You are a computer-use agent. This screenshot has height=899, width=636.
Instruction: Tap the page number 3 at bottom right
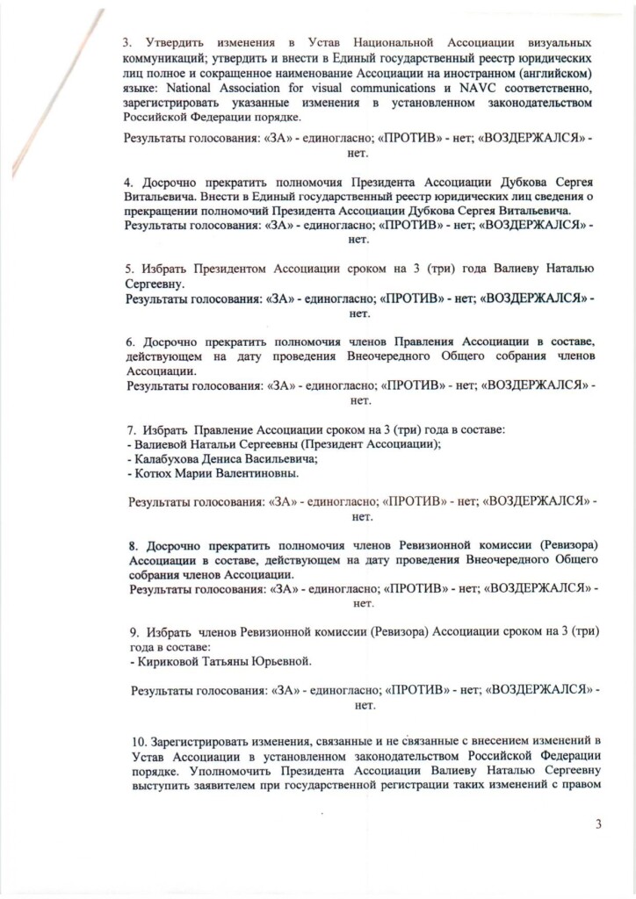coord(599,823)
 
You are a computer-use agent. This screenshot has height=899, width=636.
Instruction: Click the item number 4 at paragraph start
coord(127,183)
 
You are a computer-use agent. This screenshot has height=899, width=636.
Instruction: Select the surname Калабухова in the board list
coord(163,458)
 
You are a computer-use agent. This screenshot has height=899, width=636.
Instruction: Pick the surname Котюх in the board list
coord(150,473)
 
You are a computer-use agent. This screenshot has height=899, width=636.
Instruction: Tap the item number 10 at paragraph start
coord(134,744)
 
